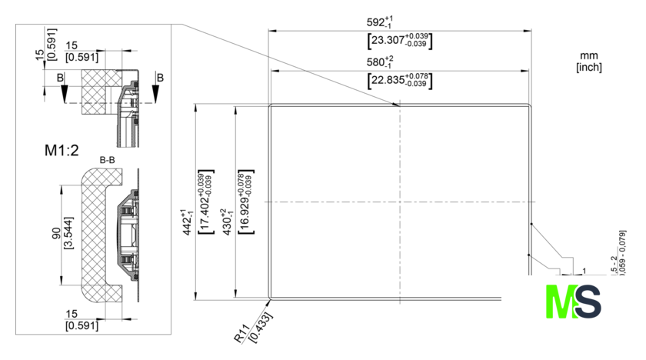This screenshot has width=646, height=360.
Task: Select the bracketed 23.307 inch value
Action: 399,41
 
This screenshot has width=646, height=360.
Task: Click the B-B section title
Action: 108,160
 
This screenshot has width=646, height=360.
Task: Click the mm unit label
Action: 588,56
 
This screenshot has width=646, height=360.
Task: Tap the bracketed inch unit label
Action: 588,67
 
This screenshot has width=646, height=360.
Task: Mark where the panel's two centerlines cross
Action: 399,202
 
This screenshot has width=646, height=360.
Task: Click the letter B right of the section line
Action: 159,78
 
